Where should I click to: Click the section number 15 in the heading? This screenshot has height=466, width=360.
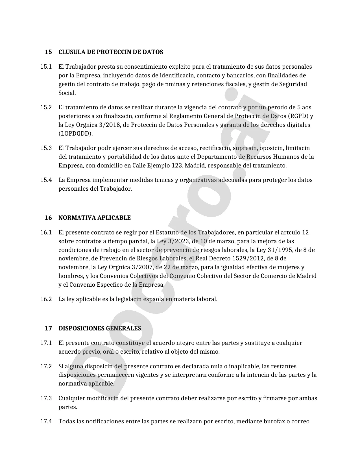point(48,52)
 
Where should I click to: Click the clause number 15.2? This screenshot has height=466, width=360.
point(46,107)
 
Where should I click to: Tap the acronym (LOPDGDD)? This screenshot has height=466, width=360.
point(75,134)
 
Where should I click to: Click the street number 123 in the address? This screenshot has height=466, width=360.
point(177,166)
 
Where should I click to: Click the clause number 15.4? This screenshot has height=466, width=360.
point(46,180)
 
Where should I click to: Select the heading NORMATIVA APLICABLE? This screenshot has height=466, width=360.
point(95,218)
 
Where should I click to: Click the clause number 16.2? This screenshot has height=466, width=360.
point(46,299)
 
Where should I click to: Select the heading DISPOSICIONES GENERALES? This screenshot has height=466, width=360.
point(100,328)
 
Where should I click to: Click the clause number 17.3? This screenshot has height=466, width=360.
point(46,399)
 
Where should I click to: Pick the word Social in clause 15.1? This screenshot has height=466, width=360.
point(67,93)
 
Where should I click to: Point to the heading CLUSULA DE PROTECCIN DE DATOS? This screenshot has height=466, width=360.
point(111,52)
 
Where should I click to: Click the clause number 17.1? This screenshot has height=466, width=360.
point(46,343)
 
